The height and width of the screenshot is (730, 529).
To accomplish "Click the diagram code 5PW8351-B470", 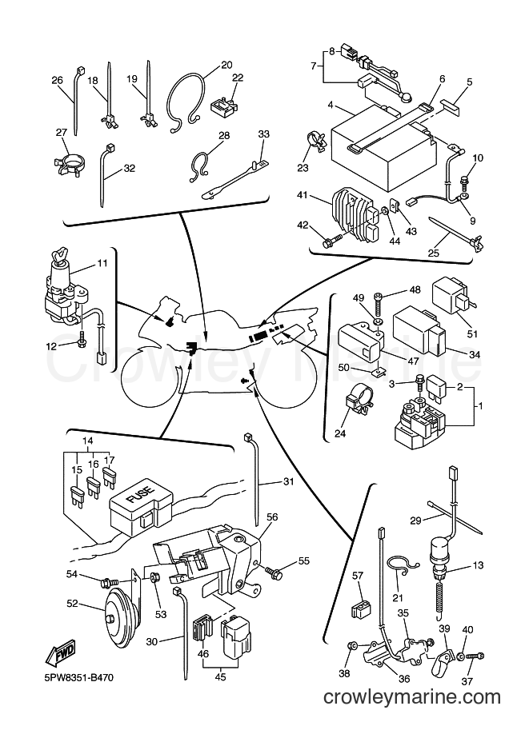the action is [x=73, y=676].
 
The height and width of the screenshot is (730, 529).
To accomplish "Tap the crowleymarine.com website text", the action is [x=411, y=698].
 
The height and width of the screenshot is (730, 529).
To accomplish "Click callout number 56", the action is [x=272, y=517].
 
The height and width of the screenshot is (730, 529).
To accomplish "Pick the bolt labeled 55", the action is [x=274, y=572].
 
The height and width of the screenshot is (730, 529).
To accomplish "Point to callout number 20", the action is [x=226, y=66].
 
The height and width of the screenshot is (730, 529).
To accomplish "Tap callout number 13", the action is [x=478, y=565].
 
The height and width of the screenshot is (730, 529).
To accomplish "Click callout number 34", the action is [x=475, y=355].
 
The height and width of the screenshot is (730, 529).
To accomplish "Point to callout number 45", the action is [x=220, y=676].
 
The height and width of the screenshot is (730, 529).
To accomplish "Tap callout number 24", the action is [x=340, y=434].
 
